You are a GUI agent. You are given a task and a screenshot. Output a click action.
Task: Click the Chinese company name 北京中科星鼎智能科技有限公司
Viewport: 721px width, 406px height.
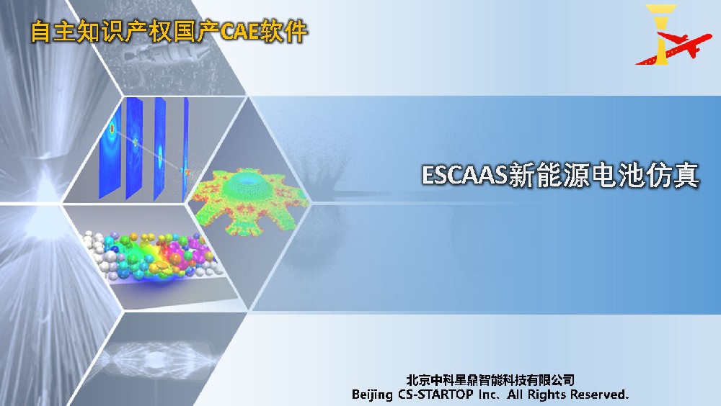pyautogui.click(x=490, y=379)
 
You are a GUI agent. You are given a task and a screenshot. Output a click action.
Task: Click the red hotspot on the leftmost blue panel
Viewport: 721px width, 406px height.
pyautogui.click(x=112, y=130)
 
